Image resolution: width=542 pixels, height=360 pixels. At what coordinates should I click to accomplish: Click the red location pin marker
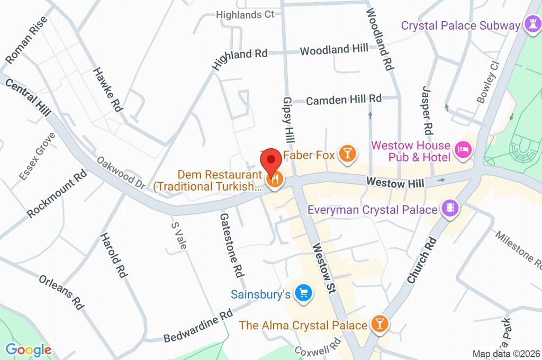pos(272,159)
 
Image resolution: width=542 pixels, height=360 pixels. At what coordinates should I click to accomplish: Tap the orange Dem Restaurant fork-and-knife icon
pos(275,180)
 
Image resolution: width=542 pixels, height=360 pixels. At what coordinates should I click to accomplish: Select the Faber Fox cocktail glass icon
pos(348,154)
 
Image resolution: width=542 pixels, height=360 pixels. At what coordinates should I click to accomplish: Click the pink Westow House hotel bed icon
pos(464,151)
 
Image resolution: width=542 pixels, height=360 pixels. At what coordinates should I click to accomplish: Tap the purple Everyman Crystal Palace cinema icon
pos(450,209)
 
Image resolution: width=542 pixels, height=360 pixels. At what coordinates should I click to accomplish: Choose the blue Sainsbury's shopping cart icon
pos(304,293)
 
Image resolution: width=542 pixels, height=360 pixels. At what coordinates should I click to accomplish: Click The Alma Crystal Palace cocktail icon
pos(380,323)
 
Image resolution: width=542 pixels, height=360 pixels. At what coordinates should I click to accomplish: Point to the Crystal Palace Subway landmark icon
pos(530,23)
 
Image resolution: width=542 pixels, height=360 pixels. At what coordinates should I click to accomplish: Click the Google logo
pos(29,349)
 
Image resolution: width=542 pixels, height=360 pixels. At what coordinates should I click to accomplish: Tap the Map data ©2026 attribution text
pos(505,354)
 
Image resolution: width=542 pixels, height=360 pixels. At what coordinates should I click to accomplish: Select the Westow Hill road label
pos(395,183)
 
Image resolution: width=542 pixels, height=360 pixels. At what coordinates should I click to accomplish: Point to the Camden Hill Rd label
pos(344,99)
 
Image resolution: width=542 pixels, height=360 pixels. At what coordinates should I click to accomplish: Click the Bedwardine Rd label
pos(198,326)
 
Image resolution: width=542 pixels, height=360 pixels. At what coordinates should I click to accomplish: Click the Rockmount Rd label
pos(57,194)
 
